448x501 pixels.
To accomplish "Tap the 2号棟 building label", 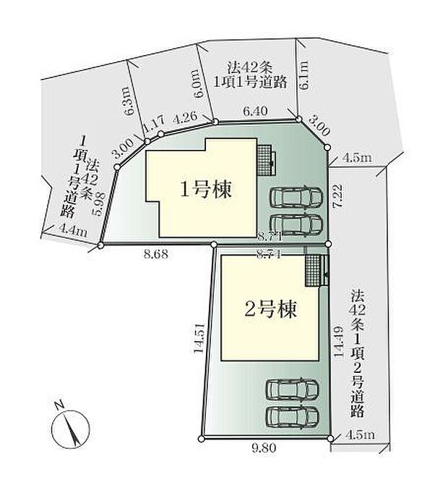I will tap(270, 311).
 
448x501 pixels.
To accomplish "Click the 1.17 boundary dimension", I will tap(154, 125).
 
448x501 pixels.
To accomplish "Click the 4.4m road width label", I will tap(72, 232).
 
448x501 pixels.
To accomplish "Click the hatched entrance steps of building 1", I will tap(264, 158).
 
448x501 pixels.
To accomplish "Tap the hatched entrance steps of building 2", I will tap(312, 269).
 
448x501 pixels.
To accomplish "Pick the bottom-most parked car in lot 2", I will tap(293, 416).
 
